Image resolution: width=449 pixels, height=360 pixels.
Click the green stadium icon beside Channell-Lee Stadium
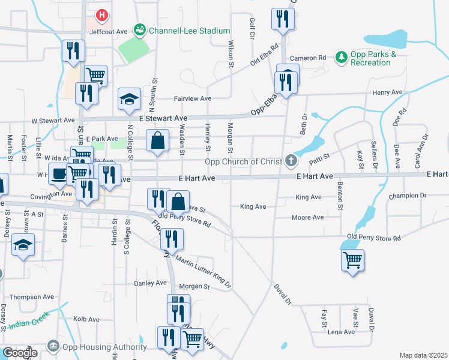click(x=140, y=29)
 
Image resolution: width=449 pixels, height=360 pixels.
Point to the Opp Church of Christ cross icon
click(x=291, y=160)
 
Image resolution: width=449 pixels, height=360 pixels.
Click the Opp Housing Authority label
click(x=98, y=347)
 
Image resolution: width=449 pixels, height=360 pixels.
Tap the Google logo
click(x=20, y=353)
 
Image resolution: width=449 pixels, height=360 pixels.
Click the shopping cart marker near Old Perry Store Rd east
click(x=352, y=260)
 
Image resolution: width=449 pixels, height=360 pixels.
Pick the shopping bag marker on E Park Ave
click(x=157, y=141)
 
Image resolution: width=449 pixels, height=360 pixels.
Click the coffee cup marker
click(x=58, y=173)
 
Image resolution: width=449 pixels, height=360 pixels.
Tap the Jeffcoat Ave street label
click(x=109, y=31)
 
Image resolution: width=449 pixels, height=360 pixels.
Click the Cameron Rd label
click(x=307, y=58)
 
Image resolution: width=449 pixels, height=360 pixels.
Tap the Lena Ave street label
click(x=341, y=331)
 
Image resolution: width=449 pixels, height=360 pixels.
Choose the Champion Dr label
click(x=408, y=196)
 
